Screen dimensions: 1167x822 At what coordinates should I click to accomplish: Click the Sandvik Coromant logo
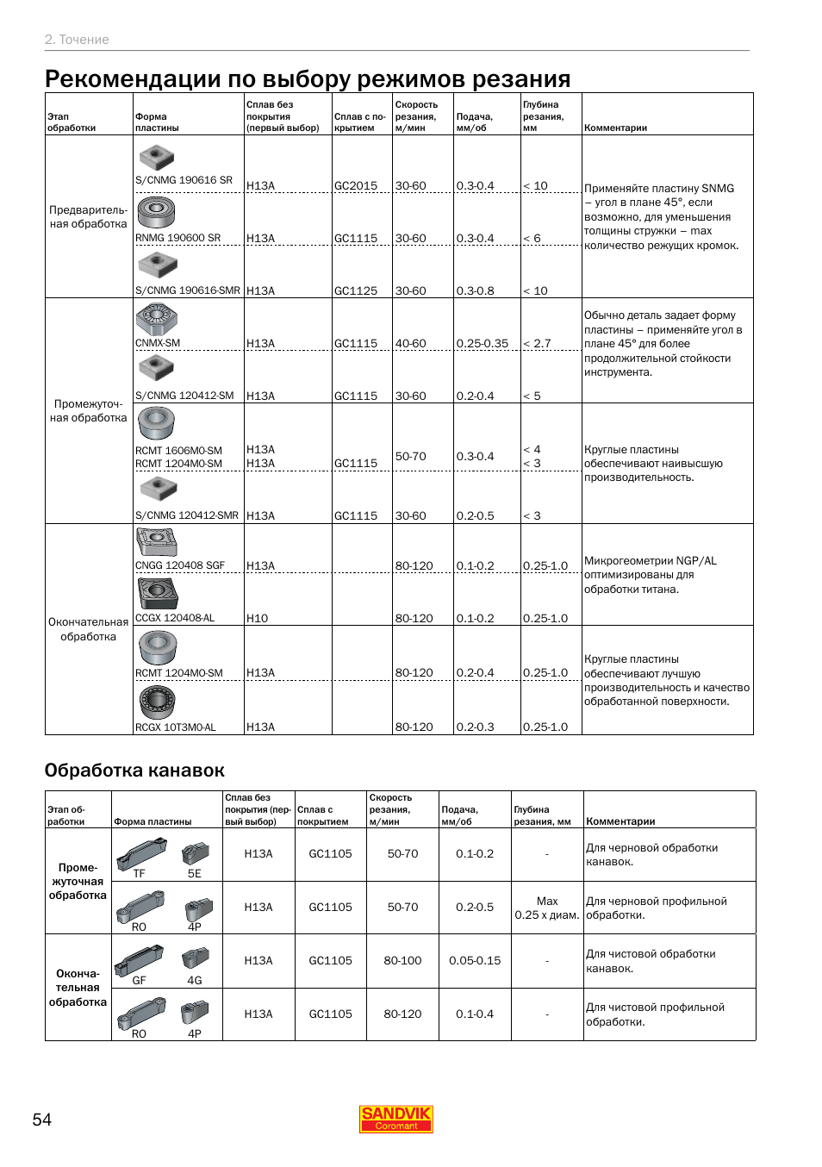(395, 1119)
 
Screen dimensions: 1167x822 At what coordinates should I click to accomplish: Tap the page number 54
(42, 1120)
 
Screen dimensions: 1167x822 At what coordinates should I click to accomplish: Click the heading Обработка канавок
(134, 771)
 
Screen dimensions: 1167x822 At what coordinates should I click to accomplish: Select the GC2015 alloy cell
(356, 186)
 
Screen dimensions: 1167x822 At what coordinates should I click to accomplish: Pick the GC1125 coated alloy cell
(356, 291)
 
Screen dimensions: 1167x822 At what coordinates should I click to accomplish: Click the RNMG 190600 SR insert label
(177, 238)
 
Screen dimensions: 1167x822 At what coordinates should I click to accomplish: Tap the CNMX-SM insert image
(156, 319)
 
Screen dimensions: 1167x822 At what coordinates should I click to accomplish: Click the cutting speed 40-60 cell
(410, 344)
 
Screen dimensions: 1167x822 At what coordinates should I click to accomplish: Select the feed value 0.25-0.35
(482, 344)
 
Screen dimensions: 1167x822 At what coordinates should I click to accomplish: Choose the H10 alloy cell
(257, 618)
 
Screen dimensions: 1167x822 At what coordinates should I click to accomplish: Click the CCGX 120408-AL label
(175, 618)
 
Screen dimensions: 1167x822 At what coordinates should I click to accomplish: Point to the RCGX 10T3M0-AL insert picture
(157, 702)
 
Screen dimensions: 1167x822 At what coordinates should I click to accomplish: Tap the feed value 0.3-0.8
(475, 291)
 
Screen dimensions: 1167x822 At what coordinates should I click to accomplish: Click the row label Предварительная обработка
(88, 216)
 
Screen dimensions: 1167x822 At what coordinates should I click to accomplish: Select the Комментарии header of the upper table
(615, 128)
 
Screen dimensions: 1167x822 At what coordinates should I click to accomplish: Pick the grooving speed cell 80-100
(402, 960)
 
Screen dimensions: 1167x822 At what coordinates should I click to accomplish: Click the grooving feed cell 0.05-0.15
(475, 960)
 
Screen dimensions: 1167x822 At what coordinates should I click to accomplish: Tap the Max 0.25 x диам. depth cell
(547, 908)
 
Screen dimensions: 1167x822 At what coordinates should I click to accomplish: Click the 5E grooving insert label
(195, 873)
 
